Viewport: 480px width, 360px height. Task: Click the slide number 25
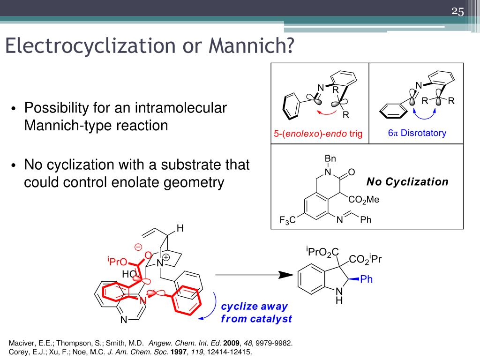pos(457,12)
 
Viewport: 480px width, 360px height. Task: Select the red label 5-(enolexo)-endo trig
pos(318,134)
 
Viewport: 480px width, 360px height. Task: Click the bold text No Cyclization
pos(407,182)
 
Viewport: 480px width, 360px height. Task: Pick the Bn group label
pos(330,158)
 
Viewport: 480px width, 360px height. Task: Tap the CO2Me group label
pos(364,200)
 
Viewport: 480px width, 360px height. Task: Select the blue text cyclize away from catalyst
pos(256,313)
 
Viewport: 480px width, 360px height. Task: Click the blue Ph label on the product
pos(367,279)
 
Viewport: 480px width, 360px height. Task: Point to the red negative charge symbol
pos(138,247)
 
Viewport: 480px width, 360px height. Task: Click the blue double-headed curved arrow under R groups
pos(424,115)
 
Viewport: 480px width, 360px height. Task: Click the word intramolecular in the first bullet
pos(181,108)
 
